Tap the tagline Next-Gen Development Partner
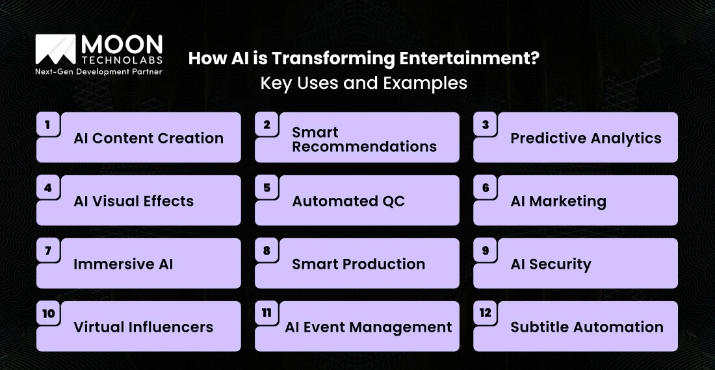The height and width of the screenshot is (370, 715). (98, 71)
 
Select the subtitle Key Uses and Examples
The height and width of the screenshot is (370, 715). (363, 83)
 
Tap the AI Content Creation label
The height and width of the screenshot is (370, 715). (148, 138)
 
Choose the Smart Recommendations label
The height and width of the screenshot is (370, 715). (364, 140)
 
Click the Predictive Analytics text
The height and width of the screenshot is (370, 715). (586, 138)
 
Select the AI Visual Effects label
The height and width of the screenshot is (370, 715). (133, 201)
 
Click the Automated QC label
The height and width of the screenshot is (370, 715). (348, 201)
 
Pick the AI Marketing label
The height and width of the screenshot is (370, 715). (558, 201)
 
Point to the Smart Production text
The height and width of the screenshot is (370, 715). (358, 264)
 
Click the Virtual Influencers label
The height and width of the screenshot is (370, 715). (143, 327)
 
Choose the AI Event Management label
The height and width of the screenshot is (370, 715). (368, 327)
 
